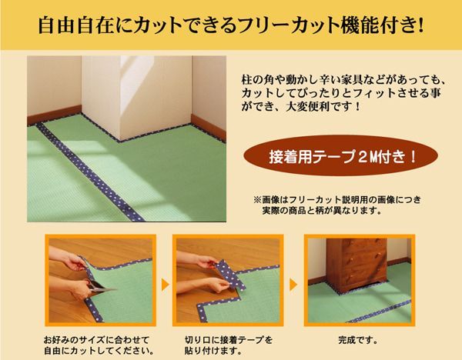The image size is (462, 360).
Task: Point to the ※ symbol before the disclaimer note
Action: [248, 198]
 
